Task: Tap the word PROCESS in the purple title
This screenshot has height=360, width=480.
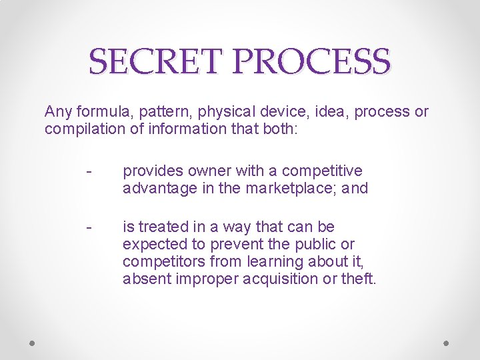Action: pos(312,61)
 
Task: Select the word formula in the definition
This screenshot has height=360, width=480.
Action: pos(97,111)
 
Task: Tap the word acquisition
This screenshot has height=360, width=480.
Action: pos(283,278)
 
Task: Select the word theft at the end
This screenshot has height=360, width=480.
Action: pos(360,278)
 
